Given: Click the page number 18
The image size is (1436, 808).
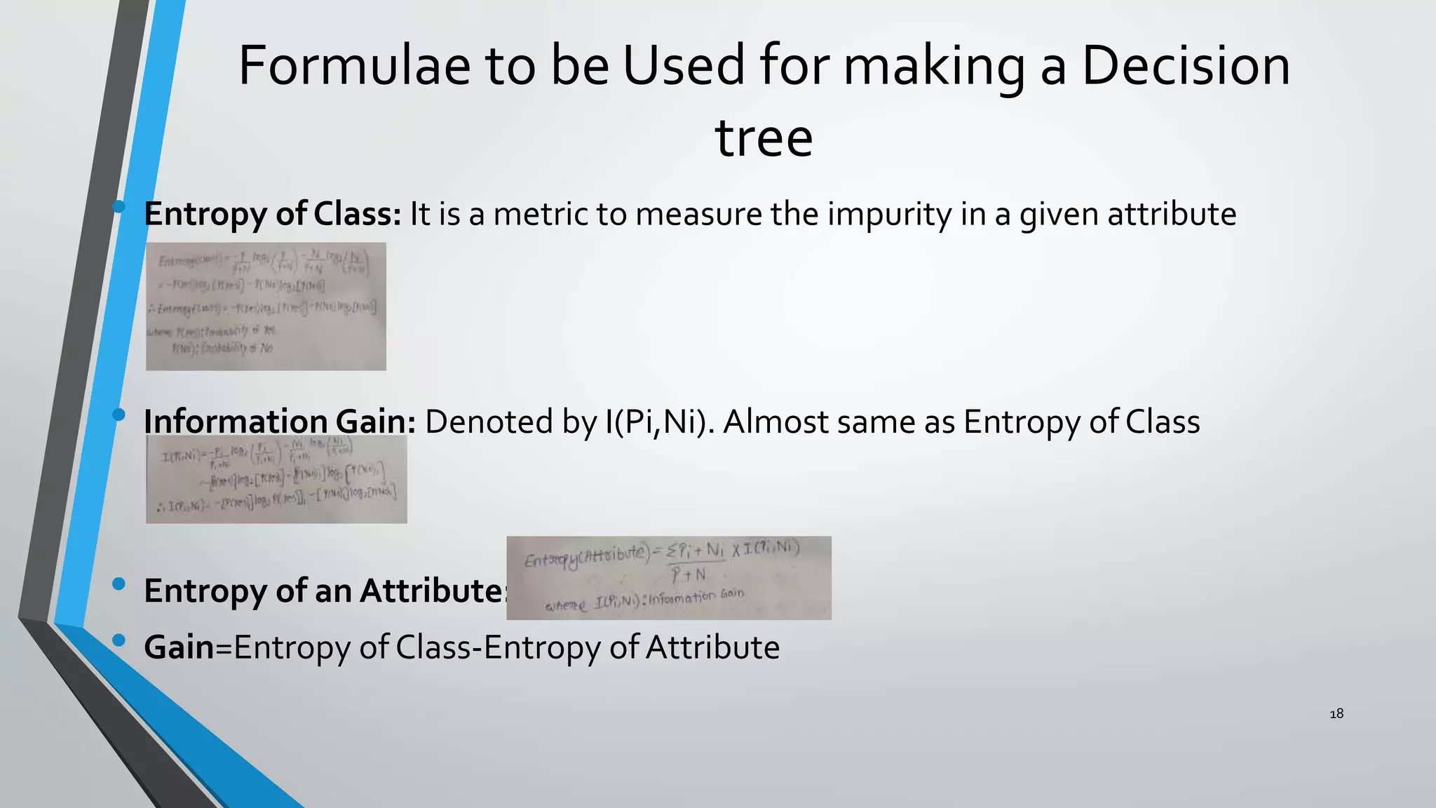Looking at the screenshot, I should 1336,714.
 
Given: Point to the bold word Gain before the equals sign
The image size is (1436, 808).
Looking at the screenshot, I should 179,647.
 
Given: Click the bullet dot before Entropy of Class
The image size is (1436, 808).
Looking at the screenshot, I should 118,207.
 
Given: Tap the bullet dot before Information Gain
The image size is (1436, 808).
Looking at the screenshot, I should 118,415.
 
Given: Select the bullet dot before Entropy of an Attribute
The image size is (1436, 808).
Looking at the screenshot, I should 118,584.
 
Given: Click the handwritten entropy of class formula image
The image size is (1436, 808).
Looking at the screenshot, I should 266,307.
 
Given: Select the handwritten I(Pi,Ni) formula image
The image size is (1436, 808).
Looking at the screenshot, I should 276,479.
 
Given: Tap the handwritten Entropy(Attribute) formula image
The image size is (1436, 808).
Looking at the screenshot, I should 669,578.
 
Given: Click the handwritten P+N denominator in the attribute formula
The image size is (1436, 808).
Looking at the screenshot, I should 688,575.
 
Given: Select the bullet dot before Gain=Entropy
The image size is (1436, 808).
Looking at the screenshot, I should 118,640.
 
